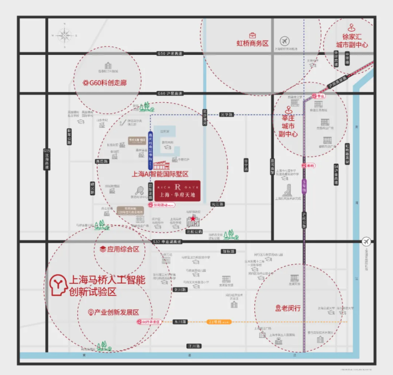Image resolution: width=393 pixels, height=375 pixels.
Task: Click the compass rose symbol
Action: [x=64, y=35]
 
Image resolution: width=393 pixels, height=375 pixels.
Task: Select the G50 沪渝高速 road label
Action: [x=170, y=53]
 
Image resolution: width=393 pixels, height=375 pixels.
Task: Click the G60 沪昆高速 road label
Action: [x=170, y=93]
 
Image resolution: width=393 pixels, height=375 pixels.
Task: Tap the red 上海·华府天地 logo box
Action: [x=177, y=191]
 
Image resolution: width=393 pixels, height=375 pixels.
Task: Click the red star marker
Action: [x=193, y=218]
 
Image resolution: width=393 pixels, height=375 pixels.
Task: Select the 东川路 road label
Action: [x=179, y=322]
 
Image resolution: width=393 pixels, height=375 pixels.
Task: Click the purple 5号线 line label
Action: [x=305, y=186]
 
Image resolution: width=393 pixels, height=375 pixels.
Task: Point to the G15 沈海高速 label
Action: [x=46, y=159]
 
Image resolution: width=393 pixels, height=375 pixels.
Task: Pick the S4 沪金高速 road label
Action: [x=336, y=175]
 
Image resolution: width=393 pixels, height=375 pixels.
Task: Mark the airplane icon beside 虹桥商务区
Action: [x=285, y=41]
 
